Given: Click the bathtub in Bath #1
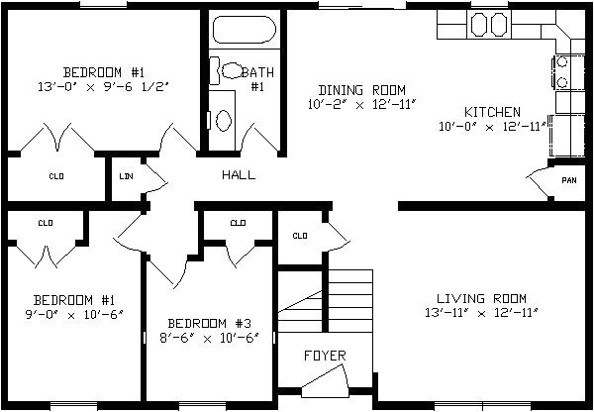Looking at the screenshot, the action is click(245, 30).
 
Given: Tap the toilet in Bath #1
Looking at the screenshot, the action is click(227, 70).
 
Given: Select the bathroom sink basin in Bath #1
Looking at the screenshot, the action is click(223, 121).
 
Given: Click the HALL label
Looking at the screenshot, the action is click(239, 174).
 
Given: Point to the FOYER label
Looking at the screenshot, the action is click(325, 356).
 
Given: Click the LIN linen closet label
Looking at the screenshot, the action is click(126, 176).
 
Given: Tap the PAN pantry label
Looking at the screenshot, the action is click(569, 180).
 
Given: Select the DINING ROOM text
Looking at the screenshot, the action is click(361, 90).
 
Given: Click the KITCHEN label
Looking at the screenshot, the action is click(492, 112).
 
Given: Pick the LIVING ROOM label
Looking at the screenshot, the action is click(481, 298).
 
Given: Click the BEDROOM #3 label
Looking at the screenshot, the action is click(210, 324).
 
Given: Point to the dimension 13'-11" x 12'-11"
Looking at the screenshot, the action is click(481, 313).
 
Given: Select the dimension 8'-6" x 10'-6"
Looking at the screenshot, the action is click(210, 338).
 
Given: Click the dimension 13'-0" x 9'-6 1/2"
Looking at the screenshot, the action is click(103, 87).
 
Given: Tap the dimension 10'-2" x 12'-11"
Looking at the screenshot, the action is click(361, 105).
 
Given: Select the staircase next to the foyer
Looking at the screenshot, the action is click(326, 300).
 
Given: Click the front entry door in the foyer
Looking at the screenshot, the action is click(326, 382).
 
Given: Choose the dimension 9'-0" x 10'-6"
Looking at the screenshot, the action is click(74, 315).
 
